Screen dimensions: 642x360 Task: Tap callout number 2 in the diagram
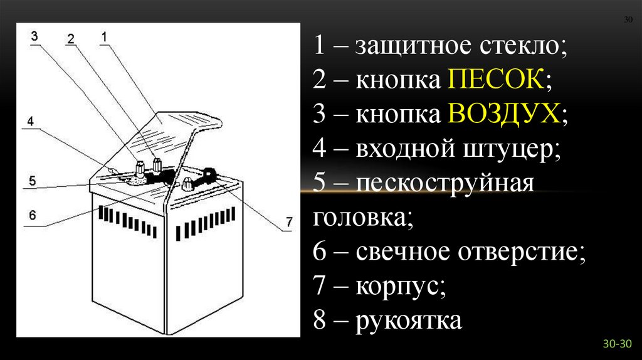tap(71, 39)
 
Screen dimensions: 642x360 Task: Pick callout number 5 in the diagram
tap(31, 181)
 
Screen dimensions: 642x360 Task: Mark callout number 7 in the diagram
tap(288, 221)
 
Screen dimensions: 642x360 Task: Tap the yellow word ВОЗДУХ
tap(503, 115)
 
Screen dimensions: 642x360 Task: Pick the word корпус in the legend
tap(401, 287)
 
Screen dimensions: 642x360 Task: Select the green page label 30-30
tap(618, 344)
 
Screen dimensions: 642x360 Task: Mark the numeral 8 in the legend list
tap(320, 320)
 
